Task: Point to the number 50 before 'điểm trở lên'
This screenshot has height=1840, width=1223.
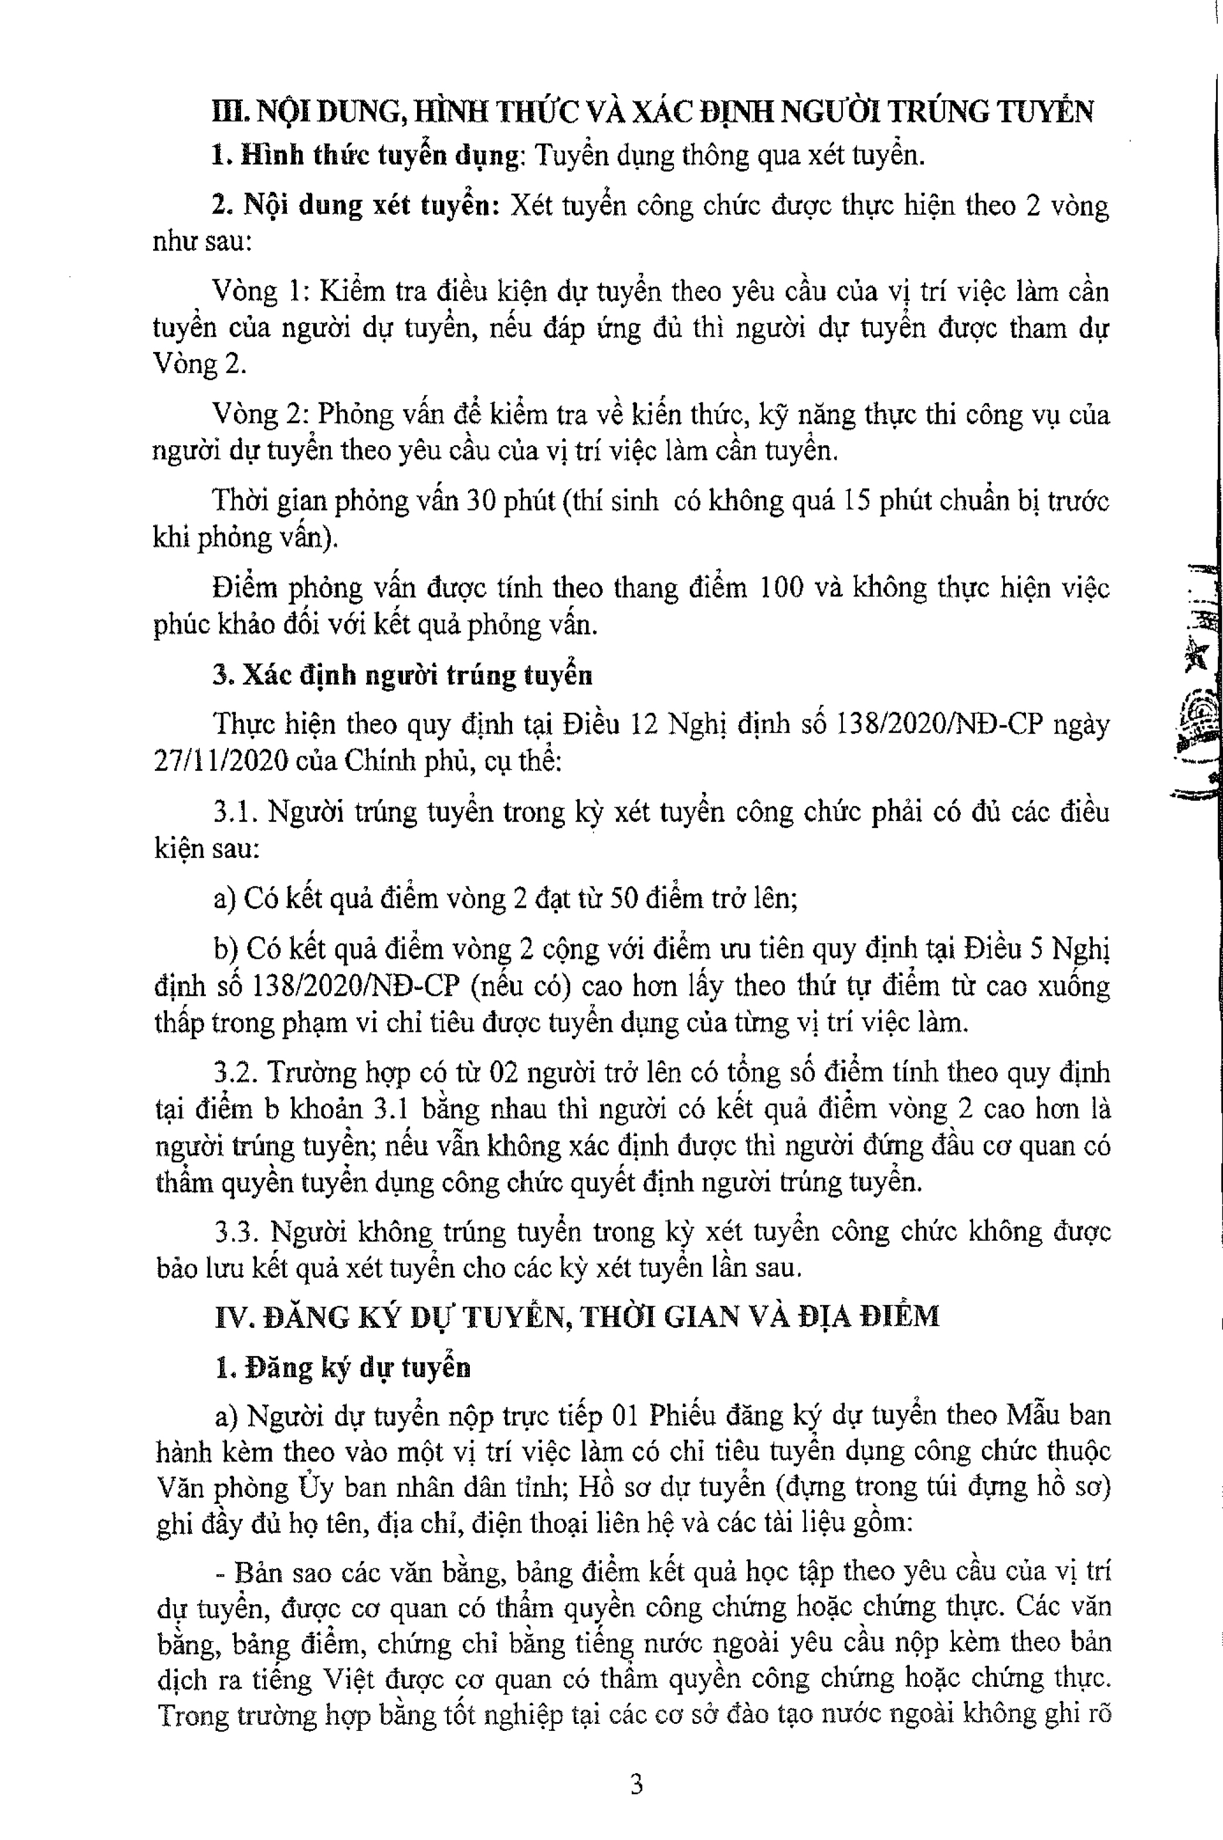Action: click(624, 898)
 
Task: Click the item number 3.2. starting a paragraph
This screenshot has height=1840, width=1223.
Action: click(236, 1073)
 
